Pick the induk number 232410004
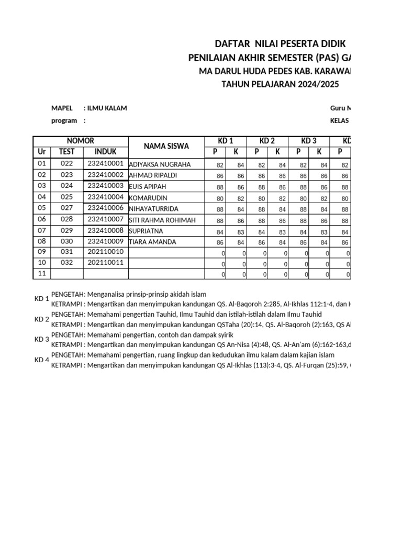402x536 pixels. click(105, 197)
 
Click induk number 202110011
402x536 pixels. click(105, 262)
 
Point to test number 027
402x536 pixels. click(66, 208)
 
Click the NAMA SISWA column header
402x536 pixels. click(166, 146)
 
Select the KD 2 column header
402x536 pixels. click(267, 141)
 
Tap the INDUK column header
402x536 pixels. click(105, 152)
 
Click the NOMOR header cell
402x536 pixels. click(81, 141)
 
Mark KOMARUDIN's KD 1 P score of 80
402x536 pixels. click(219, 198)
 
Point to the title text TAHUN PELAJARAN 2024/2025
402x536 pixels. click(281, 84)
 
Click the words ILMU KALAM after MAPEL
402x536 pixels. click(107, 108)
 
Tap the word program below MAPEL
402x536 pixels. click(64, 120)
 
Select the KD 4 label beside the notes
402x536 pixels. click(42, 360)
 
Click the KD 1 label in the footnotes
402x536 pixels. click(42, 299)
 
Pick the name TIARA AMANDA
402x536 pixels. click(152, 242)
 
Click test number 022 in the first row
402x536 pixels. click(66, 164)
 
